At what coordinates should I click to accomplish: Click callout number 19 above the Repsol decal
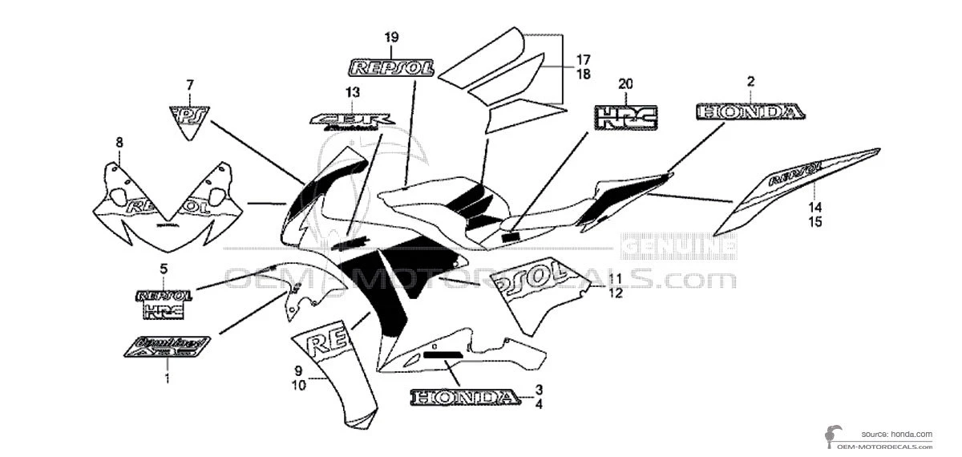pyautogui.click(x=391, y=37)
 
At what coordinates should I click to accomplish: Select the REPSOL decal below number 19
pyautogui.click(x=390, y=67)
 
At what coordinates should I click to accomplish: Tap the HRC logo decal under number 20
pyautogui.click(x=625, y=116)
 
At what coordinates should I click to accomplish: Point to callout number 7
pyautogui.click(x=190, y=84)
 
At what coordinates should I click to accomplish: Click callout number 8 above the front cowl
pyautogui.click(x=119, y=143)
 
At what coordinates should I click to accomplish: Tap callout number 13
pyautogui.click(x=353, y=91)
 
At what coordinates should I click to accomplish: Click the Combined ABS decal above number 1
pyautogui.click(x=167, y=346)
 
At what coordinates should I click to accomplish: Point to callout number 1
pyautogui.click(x=167, y=377)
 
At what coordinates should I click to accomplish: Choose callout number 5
pyautogui.click(x=164, y=269)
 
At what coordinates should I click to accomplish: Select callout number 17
pyautogui.click(x=582, y=59)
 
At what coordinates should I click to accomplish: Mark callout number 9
pyautogui.click(x=297, y=370)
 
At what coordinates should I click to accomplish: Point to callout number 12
pyautogui.click(x=615, y=293)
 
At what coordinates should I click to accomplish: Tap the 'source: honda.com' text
pyautogui.click(x=897, y=433)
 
